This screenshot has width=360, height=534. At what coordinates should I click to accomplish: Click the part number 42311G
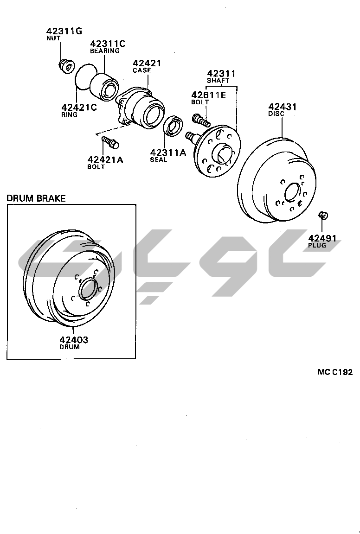64,32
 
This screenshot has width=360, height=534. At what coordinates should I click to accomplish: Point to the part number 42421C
79,107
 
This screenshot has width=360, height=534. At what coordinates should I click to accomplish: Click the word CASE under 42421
142,70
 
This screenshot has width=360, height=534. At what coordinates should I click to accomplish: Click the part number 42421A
105,159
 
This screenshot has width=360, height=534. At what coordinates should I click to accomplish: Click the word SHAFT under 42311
218,81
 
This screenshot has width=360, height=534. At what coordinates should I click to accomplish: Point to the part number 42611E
209,95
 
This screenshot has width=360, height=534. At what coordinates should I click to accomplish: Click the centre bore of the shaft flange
222,152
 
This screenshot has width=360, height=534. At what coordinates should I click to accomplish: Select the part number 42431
283,107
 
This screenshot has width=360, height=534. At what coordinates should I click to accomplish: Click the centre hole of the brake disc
293,192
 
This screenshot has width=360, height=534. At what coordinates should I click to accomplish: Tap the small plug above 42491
323,215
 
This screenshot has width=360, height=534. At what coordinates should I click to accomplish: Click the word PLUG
317,245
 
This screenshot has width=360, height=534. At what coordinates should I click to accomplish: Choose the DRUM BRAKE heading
36,198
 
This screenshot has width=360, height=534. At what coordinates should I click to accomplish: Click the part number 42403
74,339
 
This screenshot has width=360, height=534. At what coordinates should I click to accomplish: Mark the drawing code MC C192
335,372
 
